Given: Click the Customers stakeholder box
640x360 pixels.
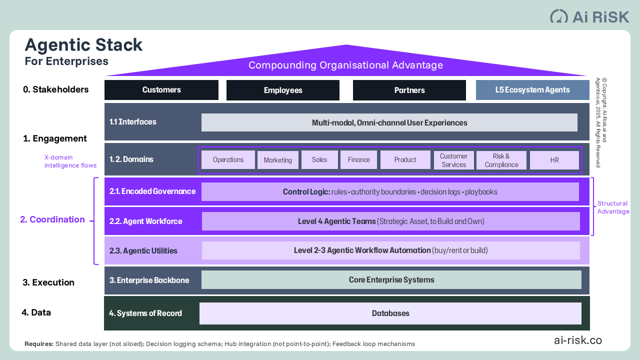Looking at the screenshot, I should [x=161, y=90].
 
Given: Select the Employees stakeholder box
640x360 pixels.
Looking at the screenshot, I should [x=283, y=90].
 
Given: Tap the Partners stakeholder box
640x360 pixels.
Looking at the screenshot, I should [x=409, y=90].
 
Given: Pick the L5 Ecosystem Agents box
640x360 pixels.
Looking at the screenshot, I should [x=532, y=90].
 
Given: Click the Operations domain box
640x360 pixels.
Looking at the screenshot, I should [x=228, y=160].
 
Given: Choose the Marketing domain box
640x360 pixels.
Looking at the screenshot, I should [x=278, y=160].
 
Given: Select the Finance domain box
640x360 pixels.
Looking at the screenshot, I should [x=358, y=160].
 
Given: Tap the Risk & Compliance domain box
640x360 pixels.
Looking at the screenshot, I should [x=501, y=160].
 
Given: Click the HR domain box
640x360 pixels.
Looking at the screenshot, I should [x=554, y=160].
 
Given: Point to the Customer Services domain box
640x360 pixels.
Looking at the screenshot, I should [x=453, y=160].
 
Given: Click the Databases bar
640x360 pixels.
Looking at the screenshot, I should [x=390, y=313].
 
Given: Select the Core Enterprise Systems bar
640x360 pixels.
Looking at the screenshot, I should [x=391, y=280].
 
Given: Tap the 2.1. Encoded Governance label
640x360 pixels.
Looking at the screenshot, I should [x=152, y=191].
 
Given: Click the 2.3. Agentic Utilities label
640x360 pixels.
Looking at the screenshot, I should [x=143, y=251].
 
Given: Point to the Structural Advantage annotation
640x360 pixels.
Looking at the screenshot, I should [x=613, y=207].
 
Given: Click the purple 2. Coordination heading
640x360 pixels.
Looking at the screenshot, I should [x=52, y=219].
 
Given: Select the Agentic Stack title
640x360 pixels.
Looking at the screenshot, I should [x=83, y=45].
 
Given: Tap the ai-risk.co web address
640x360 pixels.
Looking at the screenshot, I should [x=577, y=340].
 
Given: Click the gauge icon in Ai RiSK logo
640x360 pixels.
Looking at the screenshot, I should [x=559, y=16].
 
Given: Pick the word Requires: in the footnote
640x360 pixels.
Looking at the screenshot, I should [x=39, y=344].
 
